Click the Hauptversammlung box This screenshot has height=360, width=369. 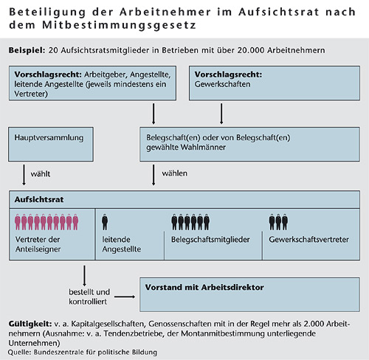[x=51, y=145]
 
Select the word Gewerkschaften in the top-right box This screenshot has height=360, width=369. [x=222, y=84]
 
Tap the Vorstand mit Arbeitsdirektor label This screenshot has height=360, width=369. [x=204, y=287]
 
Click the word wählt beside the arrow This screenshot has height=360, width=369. [x=41, y=174]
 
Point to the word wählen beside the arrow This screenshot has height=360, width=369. [x=174, y=173]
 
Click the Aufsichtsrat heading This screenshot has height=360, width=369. [x=39, y=199]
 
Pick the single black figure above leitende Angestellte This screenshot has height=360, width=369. [x=105, y=222]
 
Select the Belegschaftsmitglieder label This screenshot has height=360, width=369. [x=210, y=240]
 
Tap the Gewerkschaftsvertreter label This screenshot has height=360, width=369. [x=308, y=240]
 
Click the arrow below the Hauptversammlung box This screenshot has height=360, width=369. [x=24, y=175]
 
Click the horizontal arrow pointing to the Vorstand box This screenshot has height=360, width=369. [x=125, y=297]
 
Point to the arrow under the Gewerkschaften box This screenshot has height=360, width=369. [x=221, y=114]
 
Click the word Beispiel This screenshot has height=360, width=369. [x=27, y=50]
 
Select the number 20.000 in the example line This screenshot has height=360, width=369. [x=251, y=50]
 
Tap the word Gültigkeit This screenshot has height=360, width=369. [x=30, y=324]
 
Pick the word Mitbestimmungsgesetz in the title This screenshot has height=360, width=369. [x=119, y=25]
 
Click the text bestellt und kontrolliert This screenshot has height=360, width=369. [x=89, y=297]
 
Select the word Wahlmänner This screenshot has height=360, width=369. [x=203, y=148]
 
